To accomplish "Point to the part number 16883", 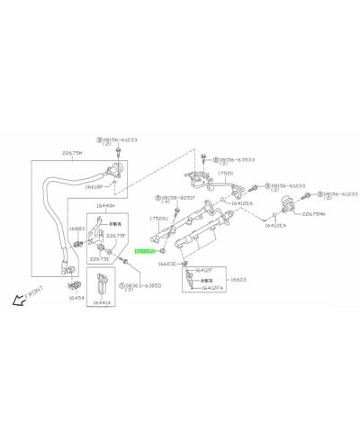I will click(76, 229).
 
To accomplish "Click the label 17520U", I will click(159, 217).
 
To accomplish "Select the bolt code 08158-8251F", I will click(179, 197).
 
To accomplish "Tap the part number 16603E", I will click(167, 264).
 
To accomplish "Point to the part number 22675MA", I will click(315, 213).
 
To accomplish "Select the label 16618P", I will click(94, 186).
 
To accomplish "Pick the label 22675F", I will click(116, 236).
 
